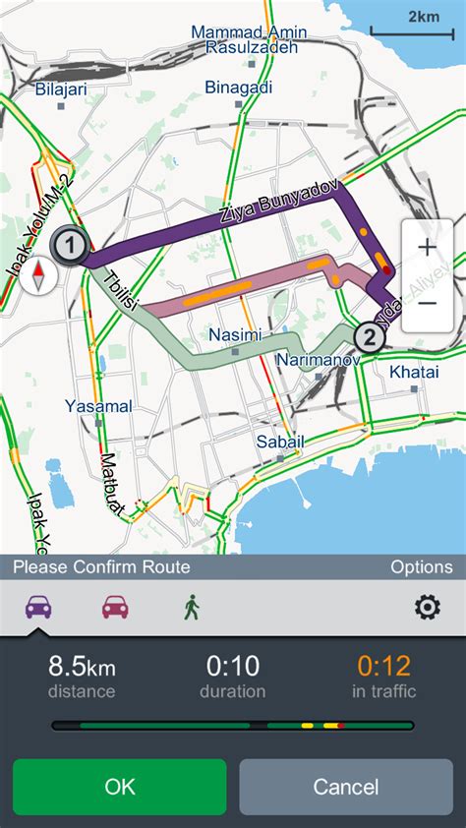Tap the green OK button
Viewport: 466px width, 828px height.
tap(119, 787)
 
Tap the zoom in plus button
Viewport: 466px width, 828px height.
tap(427, 247)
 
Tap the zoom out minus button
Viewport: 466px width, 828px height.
tap(427, 303)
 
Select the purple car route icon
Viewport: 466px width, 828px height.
tap(38, 607)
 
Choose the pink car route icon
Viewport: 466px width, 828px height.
tap(115, 607)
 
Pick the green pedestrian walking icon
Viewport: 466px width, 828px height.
tap(191, 607)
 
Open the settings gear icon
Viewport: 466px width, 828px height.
tap(427, 607)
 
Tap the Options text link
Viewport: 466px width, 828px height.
tap(421, 566)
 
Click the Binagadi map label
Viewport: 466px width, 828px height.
tap(239, 88)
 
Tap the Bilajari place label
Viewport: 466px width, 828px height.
tap(61, 89)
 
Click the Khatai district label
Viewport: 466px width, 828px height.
tap(413, 373)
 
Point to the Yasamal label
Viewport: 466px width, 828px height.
tap(98, 405)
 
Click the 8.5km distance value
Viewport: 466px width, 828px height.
tap(81, 667)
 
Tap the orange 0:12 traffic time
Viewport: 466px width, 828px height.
tap(383, 667)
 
